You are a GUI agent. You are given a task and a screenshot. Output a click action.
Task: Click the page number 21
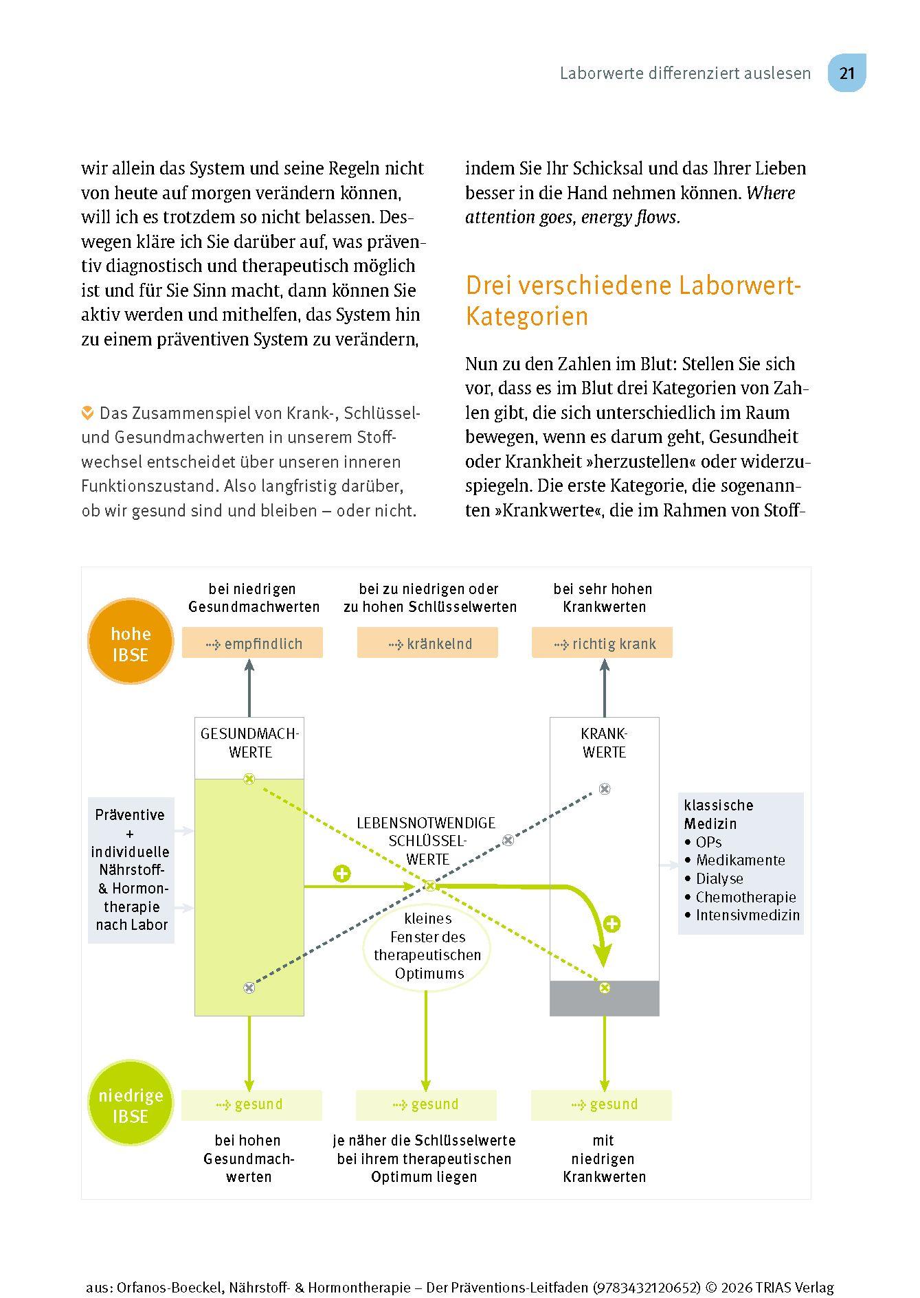pos(846,73)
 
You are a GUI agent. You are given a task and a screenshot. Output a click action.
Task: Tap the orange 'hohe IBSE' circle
pos(131,641)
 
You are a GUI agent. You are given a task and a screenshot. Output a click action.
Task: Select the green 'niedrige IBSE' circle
pos(131,1103)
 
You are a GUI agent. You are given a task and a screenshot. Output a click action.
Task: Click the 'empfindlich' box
pos(252,644)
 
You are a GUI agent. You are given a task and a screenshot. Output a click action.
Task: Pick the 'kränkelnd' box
pos(427,644)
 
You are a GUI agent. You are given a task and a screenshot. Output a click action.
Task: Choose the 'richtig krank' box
pos(603,644)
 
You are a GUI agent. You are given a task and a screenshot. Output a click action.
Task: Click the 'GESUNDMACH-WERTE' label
pos(249,743)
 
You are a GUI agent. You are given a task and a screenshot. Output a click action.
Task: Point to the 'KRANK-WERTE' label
pos(605,743)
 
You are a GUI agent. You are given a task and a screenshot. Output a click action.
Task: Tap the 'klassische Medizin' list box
pos(741,863)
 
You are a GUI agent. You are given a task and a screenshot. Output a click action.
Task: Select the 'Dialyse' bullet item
pos(719,878)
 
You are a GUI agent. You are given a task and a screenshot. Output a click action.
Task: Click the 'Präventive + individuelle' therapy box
pos(131,869)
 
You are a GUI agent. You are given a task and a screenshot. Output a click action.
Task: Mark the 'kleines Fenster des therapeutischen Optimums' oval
pos(427,946)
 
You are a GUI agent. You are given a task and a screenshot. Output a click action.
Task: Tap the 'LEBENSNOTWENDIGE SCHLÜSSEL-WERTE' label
pos(427,841)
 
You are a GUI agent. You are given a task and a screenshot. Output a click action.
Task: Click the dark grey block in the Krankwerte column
pos(605,998)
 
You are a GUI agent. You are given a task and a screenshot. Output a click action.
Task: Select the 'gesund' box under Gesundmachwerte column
pos(251,1104)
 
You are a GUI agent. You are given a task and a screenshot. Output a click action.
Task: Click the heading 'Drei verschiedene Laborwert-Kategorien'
pos(633,300)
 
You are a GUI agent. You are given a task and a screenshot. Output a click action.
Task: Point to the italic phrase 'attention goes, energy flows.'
pos(572,218)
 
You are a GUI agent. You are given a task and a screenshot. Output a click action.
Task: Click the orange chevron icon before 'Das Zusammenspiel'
pos(87,413)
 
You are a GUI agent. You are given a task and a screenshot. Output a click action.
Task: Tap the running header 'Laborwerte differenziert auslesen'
pos(685,73)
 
